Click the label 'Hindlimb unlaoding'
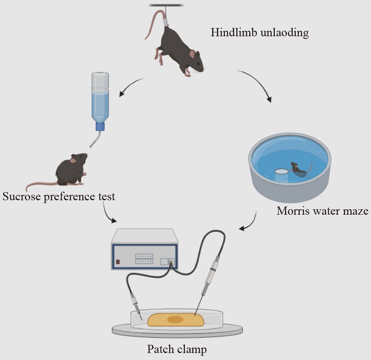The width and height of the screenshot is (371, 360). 260,32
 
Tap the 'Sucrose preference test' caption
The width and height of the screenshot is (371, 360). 59,196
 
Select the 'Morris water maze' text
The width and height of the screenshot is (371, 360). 322,211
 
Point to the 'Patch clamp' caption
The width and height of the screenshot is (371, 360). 177,349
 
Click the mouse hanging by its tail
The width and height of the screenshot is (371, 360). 179,51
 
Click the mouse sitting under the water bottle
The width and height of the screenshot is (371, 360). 71,170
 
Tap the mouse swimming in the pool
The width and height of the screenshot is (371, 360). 298,169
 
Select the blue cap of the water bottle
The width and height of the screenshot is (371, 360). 100,127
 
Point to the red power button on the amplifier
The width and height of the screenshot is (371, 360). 118,261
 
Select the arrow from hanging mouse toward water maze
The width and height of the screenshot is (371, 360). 257,83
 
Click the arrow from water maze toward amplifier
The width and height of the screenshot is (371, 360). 249,223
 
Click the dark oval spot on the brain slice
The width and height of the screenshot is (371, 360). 175,320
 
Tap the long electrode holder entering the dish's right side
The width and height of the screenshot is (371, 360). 210,277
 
